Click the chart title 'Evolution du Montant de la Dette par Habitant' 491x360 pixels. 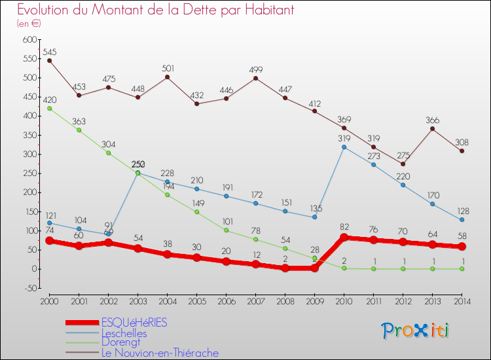coord(155,10)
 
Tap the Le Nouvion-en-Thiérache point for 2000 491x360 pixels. coord(49,60)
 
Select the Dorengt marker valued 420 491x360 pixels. coord(49,108)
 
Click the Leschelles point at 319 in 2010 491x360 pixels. coord(344,147)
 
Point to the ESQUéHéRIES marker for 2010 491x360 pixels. coord(344,238)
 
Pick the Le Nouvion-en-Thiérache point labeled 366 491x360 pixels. coord(432,128)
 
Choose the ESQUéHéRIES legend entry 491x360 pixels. coord(134,323)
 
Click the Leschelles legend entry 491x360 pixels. coord(124,333)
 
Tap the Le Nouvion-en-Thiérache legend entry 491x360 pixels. coord(160,353)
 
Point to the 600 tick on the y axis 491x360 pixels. coord(29,40)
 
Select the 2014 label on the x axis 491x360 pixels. coord(462,301)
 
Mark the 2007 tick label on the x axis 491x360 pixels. coord(255,301)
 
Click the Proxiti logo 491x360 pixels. coord(416,331)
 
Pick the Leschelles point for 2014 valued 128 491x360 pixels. coord(462,220)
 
